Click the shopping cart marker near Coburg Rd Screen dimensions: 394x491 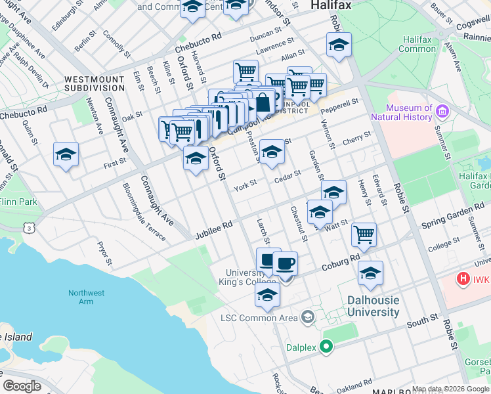364,234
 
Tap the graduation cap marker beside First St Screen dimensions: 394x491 66,155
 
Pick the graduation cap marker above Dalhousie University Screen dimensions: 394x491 370,273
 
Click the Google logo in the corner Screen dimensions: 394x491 22,386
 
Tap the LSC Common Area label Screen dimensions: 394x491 259,318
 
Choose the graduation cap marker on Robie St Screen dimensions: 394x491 339,45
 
